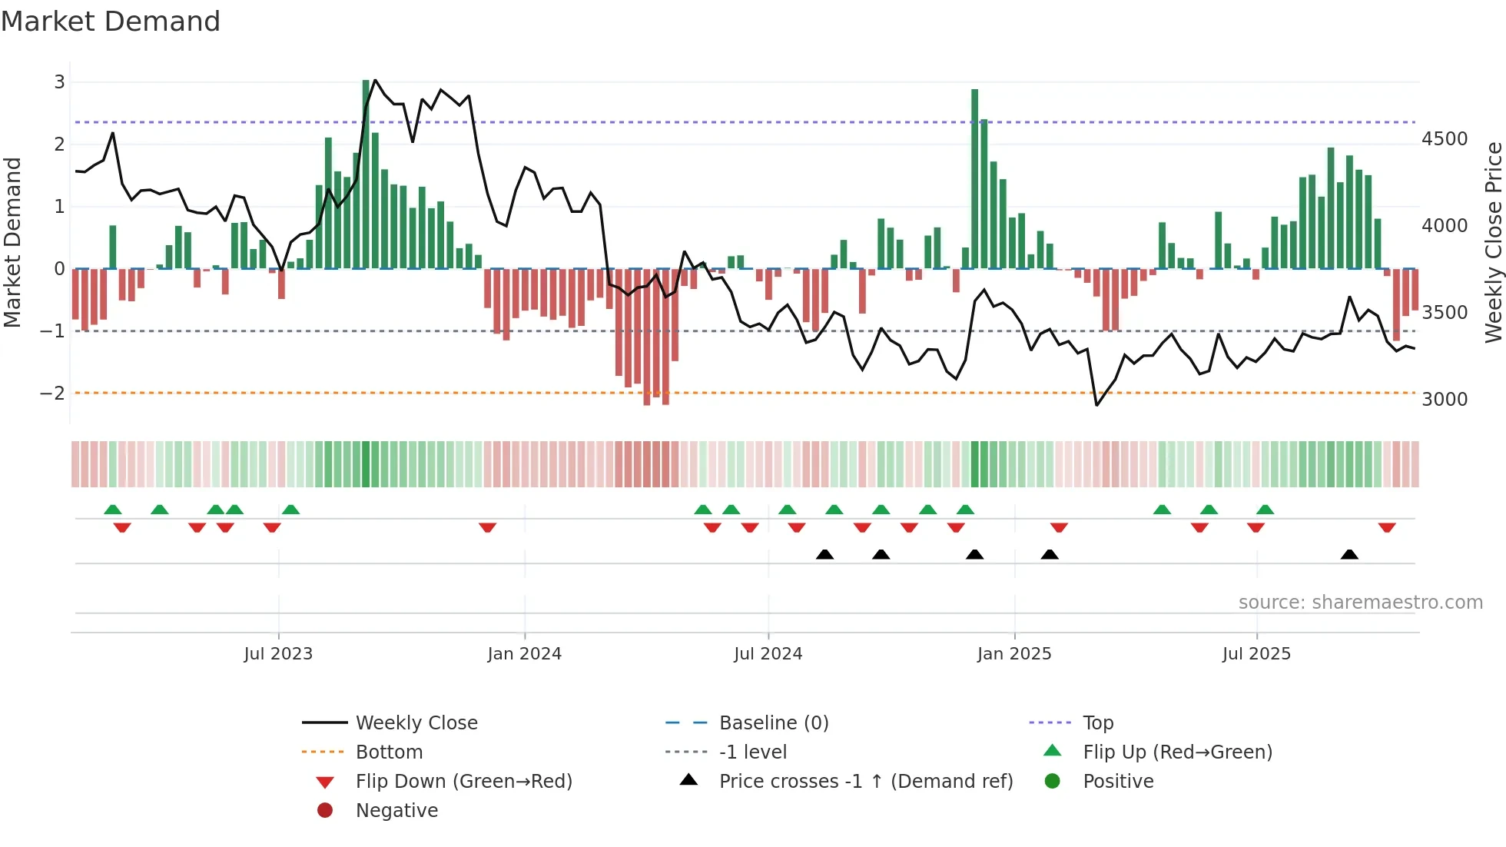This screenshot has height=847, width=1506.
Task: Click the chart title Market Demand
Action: (x=111, y=22)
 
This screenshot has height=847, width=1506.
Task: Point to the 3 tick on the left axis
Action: (x=59, y=81)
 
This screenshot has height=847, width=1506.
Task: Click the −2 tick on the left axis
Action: (x=53, y=394)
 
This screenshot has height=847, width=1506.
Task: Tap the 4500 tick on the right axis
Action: (x=1445, y=139)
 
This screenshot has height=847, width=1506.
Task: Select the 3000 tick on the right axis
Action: (x=1445, y=399)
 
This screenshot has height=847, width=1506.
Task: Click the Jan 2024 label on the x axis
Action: (x=524, y=654)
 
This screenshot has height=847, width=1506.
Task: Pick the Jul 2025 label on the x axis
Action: (x=1256, y=654)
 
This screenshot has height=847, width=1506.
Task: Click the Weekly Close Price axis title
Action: (x=1493, y=242)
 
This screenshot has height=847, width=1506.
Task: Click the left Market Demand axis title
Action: (x=12, y=242)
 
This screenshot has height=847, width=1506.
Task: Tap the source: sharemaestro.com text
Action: (x=1360, y=603)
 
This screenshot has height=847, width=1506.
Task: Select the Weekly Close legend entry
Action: (x=416, y=723)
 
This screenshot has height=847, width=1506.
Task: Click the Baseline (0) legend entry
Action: (x=773, y=723)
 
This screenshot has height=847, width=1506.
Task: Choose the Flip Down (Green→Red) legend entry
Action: (x=463, y=782)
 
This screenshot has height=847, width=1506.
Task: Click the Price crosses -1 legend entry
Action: (x=865, y=782)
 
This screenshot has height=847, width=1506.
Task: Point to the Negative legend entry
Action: (x=396, y=811)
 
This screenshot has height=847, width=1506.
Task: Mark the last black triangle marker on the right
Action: (x=1349, y=555)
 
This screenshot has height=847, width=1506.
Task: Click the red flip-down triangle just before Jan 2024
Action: (x=487, y=527)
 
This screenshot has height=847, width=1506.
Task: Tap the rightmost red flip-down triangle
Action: (x=1387, y=527)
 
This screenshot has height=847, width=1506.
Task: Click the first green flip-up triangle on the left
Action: (x=113, y=510)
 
